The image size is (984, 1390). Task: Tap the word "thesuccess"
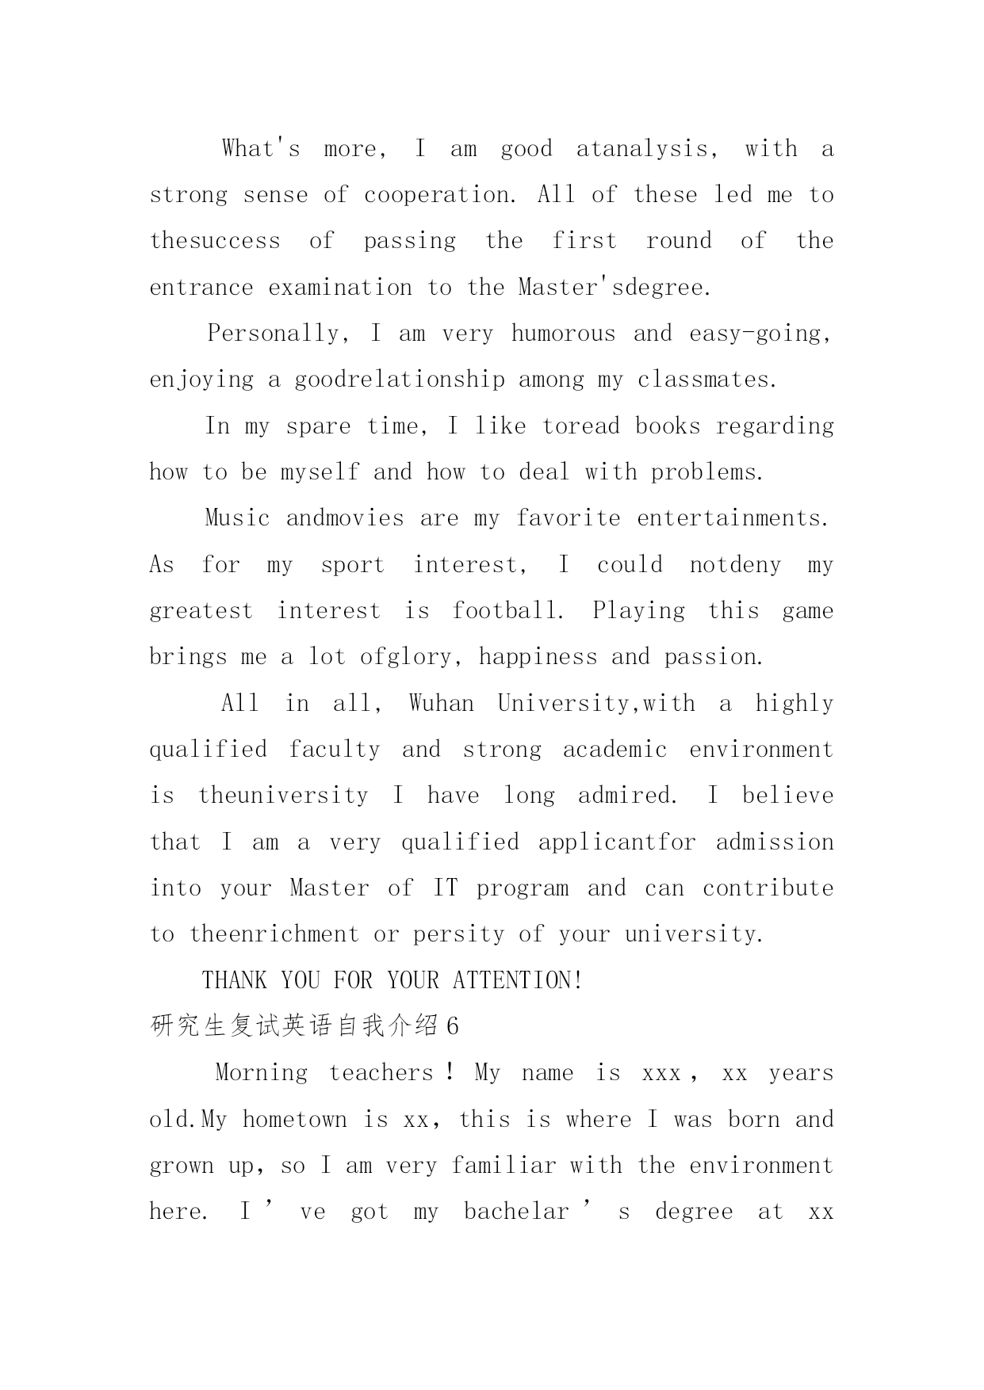tap(215, 241)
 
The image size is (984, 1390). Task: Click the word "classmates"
tap(704, 380)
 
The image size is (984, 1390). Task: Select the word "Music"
tap(237, 518)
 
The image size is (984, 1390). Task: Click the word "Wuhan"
tap(441, 704)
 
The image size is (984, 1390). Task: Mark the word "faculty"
tap(334, 750)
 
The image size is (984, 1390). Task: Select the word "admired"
tap(625, 796)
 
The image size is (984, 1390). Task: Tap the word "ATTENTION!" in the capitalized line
tap(518, 981)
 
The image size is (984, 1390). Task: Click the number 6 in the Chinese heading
tap(452, 1027)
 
